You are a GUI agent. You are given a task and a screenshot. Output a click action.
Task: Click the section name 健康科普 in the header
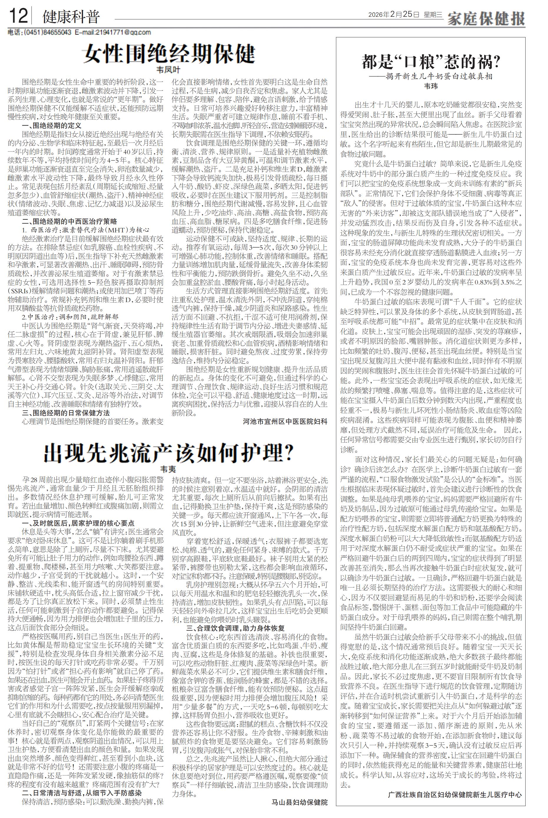click(x=71, y=17)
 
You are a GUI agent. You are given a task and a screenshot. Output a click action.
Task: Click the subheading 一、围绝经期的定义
click(x=52, y=125)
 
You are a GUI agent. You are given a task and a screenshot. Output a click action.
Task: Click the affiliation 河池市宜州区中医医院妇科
click(x=285, y=422)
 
